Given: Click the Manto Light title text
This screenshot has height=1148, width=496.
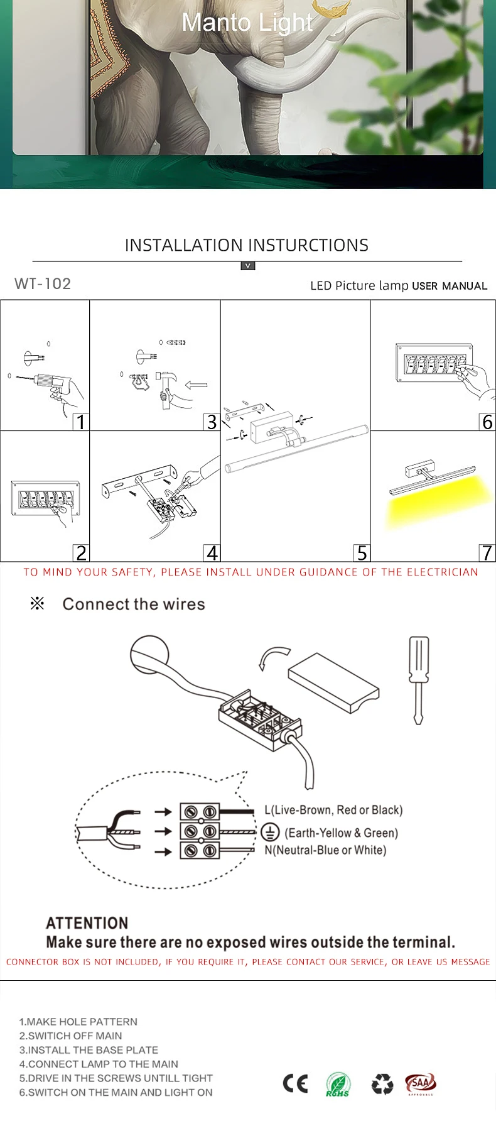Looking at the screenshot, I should coord(246,23).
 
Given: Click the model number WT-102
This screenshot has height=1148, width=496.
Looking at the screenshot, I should coord(43,284).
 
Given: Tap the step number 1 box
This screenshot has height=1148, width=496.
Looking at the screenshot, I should coord(80,422).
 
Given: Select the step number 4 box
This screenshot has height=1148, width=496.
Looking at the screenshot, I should coord(212,553).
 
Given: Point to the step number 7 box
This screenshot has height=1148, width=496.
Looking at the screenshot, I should coord(487,553).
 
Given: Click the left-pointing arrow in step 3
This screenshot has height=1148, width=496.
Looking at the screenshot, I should coord(197,385).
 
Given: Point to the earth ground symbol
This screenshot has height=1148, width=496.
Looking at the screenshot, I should coord(270,832).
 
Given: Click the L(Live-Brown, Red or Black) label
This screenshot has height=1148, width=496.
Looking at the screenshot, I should coord(333,810).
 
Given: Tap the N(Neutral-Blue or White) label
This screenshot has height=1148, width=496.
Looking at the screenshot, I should coord(325,850).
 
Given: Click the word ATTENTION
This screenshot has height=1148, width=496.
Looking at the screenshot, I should coord(87,923).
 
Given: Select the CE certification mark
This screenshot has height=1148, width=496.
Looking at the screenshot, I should coord(295,1083).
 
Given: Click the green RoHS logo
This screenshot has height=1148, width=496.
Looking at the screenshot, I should coord(338,1085).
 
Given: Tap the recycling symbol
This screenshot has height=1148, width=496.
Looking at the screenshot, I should coord(382,1083).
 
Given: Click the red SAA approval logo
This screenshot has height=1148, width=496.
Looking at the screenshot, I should coord(420,1083).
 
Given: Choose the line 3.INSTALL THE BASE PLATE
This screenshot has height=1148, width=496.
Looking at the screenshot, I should coord(89,1050).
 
